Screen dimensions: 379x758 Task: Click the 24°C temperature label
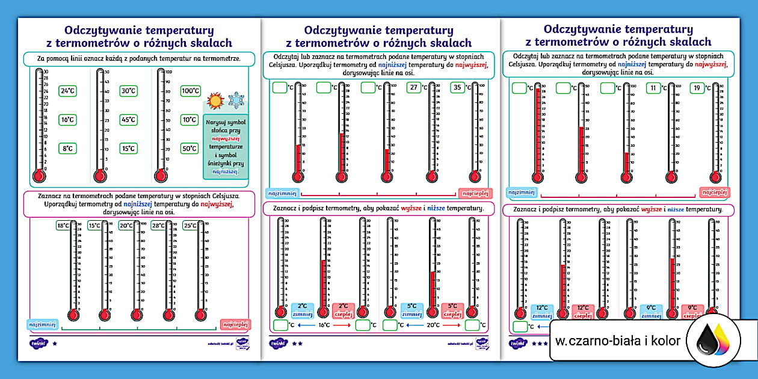click(x=67, y=91)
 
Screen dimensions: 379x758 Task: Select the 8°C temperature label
click(x=67, y=149)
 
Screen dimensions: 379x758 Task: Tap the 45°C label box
click(x=128, y=120)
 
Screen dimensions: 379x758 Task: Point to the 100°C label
click(x=191, y=91)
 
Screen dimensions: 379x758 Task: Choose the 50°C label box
click(x=189, y=149)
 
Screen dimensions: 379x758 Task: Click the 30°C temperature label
click(x=128, y=91)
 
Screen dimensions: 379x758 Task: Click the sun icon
click(x=215, y=100)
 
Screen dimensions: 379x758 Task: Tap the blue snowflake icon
click(x=236, y=100)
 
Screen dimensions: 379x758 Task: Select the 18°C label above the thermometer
click(x=63, y=226)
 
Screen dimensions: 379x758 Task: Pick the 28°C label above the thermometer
click(x=158, y=226)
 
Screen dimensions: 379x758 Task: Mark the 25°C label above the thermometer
click(x=190, y=226)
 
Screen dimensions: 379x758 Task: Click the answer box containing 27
click(x=413, y=87)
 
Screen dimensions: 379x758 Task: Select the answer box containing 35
click(x=458, y=87)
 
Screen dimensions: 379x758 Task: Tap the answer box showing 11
click(x=653, y=88)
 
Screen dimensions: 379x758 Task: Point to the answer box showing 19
click(x=697, y=88)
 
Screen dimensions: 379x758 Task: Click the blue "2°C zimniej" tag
click(x=302, y=310)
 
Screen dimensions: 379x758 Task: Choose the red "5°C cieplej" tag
click(x=452, y=310)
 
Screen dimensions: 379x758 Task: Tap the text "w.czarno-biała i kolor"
click(x=618, y=341)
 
